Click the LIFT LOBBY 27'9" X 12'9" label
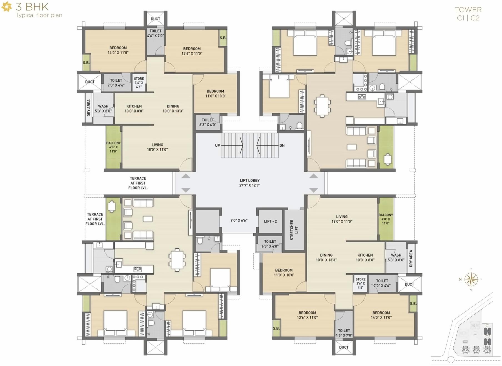(249, 183)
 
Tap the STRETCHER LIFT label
(294, 230)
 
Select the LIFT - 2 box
(270, 221)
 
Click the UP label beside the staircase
(217, 145)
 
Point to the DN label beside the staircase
(282, 145)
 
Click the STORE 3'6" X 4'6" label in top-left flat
(139, 83)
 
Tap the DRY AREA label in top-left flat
(89, 108)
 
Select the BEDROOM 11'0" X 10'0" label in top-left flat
(215, 94)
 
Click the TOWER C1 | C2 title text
(468, 14)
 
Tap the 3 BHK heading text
(32, 6)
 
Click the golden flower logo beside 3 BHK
(7, 7)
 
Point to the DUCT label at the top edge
(155, 19)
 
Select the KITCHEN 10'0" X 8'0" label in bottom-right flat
(365, 257)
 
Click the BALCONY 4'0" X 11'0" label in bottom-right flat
(386, 219)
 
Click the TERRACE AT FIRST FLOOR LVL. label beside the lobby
(138, 183)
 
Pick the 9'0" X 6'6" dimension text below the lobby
(239, 220)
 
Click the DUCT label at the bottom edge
(344, 347)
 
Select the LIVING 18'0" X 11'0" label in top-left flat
(157, 147)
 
